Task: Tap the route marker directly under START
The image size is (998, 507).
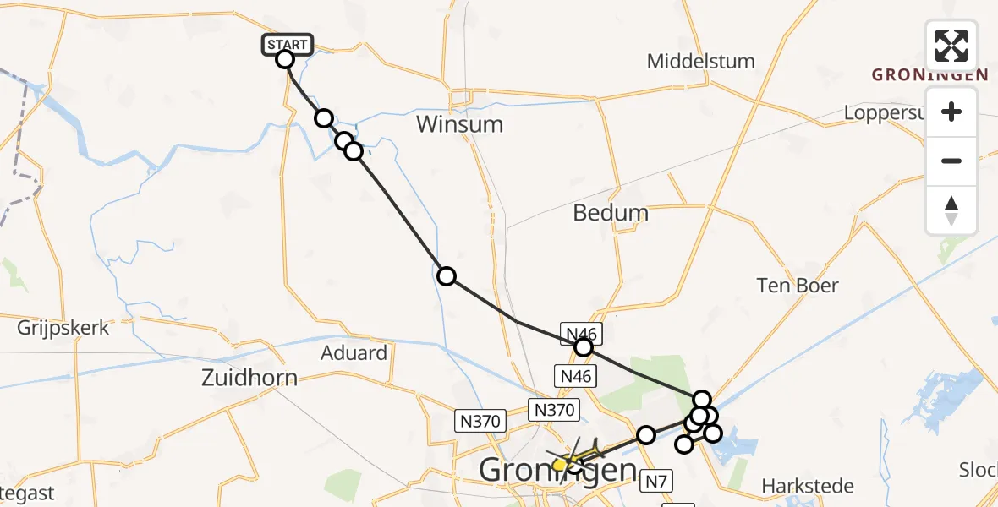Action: click(285, 59)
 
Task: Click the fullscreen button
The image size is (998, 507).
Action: click(951, 46)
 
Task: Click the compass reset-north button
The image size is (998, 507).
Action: click(951, 210)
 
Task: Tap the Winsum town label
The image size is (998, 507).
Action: click(459, 125)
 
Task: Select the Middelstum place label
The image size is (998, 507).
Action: click(700, 62)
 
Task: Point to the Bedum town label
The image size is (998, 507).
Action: click(611, 213)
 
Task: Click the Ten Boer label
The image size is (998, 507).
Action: click(798, 286)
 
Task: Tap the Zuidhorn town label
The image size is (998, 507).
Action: click(249, 378)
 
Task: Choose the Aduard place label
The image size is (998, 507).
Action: click(354, 352)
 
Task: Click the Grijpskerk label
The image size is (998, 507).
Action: click(63, 328)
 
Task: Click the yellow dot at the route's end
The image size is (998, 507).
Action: click(559, 464)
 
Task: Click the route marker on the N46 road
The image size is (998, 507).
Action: click(583, 346)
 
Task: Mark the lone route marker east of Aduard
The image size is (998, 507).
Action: click(446, 275)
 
